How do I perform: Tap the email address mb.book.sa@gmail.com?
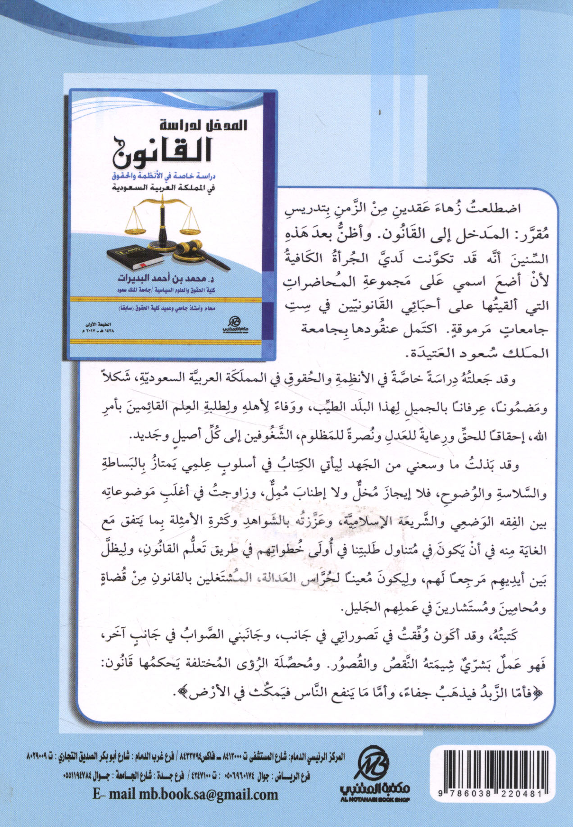tap(185, 794)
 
